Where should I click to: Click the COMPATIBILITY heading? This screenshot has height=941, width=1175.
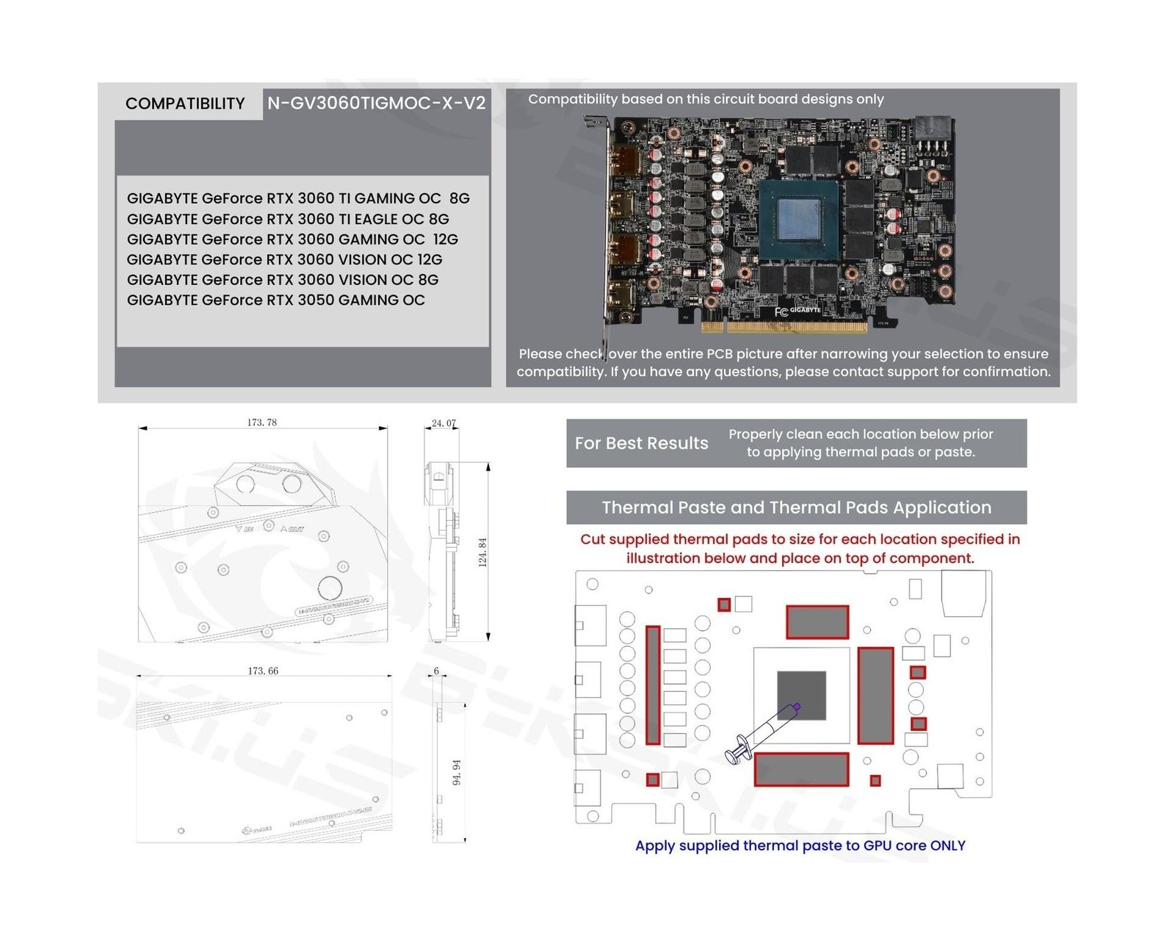[x=185, y=104]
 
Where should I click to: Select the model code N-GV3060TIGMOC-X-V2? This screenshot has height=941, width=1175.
[x=376, y=104]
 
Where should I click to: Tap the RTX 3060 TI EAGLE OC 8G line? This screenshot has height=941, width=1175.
[x=288, y=219]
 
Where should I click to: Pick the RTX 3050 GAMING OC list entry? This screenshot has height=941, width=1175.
[x=275, y=300]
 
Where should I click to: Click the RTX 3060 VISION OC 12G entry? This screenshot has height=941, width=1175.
[x=284, y=259]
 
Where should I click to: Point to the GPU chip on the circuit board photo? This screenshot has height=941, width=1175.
[x=799, y=220]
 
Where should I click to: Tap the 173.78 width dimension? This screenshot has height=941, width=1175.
[x=262, y=422]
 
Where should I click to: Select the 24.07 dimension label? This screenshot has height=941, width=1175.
[x=444, y=423]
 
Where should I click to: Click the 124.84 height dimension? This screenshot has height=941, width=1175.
[x=482, y=552]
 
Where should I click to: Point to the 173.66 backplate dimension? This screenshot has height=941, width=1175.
[x=263, y=671]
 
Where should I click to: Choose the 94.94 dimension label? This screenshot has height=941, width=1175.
[x=457, y=772]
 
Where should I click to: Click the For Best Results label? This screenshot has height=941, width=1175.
[x=641, y=443]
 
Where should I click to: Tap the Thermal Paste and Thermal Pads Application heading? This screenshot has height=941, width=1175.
[x=796, y=508]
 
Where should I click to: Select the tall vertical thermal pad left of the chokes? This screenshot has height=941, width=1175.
[x=653, y=685]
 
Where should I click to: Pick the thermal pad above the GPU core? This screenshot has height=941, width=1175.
[x=817, y=621]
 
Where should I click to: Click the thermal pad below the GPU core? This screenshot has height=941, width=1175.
[x=801, y=769]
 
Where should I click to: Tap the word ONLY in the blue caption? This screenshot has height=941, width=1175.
[x=947, y=846]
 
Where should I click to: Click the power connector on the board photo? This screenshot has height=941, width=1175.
[x=933, y=133]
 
